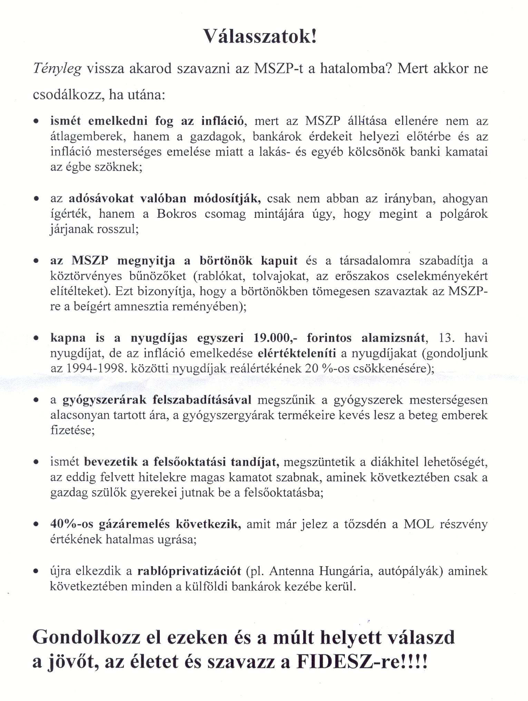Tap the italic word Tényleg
(57, 69)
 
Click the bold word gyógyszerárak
(104, 400)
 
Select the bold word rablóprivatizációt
(189, 571)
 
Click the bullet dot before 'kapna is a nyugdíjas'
(36, 339)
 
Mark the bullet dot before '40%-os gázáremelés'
(36, 525)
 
